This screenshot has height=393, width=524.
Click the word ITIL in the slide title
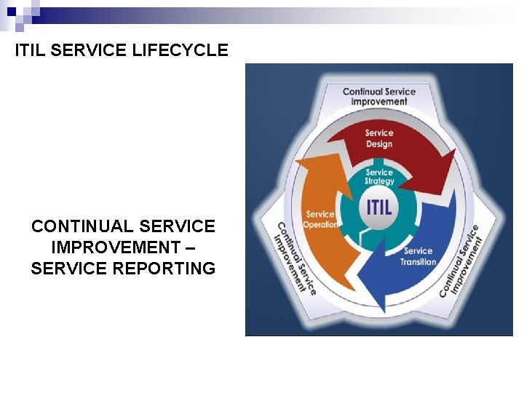[32, 50]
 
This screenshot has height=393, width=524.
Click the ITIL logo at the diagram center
[378, 206]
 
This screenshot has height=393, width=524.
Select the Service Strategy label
[379, 177]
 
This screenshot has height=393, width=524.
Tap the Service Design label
[379, 138]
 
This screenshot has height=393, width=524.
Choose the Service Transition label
[418, 256]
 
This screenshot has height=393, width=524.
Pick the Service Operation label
[321, 219]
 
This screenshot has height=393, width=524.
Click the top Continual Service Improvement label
[379, 97]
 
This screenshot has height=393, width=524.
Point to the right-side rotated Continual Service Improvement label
[461, 260]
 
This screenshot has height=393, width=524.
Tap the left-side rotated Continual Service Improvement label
[295, 257]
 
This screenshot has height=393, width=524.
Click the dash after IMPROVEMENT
[191, 247]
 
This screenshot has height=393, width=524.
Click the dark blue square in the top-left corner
[10, 11]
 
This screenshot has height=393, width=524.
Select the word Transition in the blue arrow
[418, 262]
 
